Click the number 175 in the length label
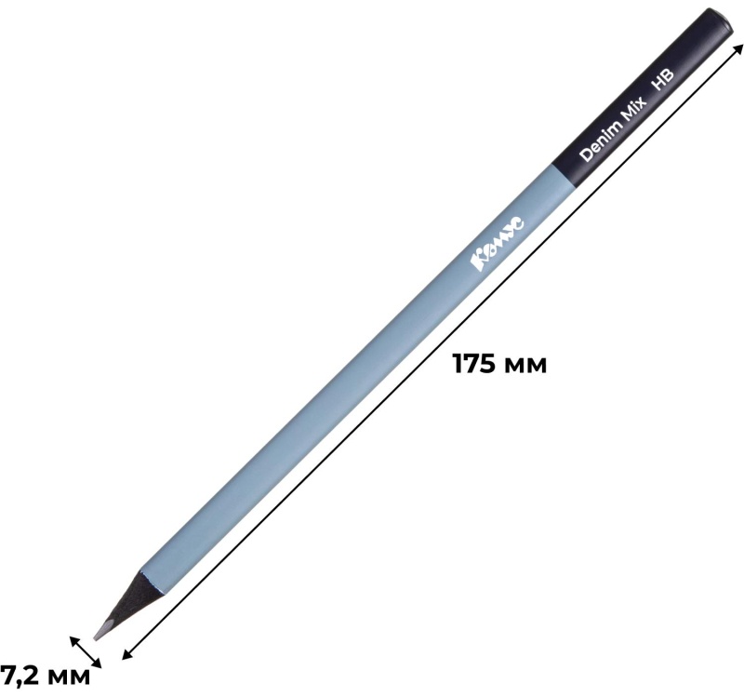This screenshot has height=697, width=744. coord(474,364)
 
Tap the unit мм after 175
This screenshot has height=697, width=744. coord(525,366)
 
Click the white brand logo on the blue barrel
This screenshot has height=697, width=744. coord(498,245)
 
